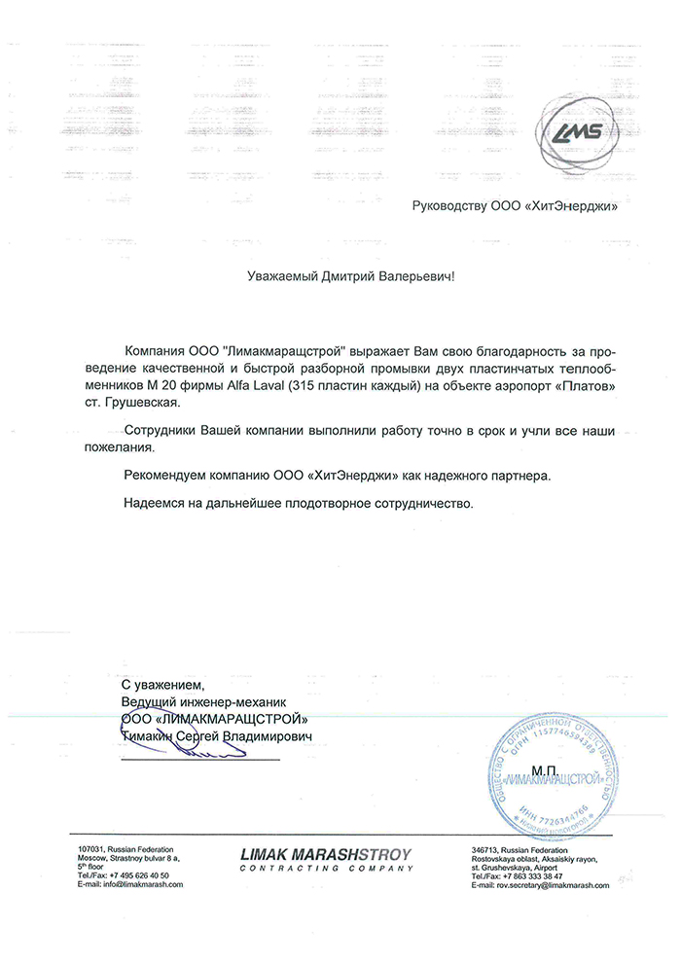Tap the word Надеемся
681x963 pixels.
point(156,504)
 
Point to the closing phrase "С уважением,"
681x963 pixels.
point(158,686)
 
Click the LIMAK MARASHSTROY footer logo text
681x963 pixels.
point(326,855)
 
